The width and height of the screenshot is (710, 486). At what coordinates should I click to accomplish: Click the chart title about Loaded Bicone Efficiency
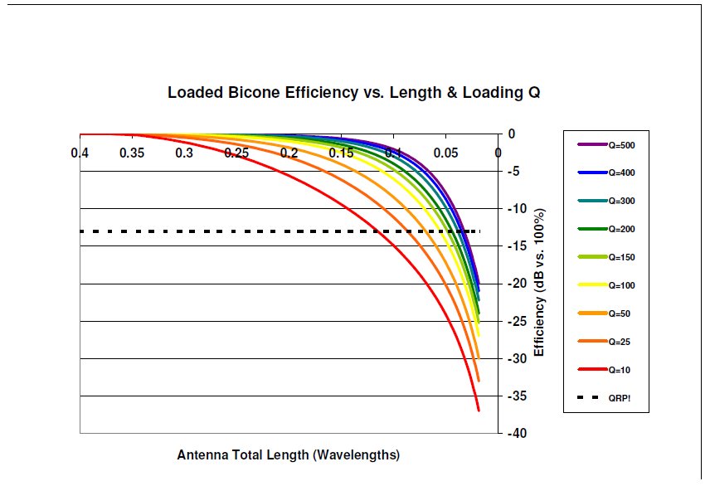point(354,92)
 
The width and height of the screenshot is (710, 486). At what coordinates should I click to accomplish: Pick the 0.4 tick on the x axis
point(80,153)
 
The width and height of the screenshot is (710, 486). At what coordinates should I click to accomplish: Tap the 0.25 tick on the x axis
point(236,153)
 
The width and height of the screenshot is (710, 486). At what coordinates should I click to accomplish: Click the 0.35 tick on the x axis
point(132,153)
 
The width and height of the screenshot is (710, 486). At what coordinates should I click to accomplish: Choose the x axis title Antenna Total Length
point(289,455)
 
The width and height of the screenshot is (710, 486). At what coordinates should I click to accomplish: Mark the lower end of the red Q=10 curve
point(479,410)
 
